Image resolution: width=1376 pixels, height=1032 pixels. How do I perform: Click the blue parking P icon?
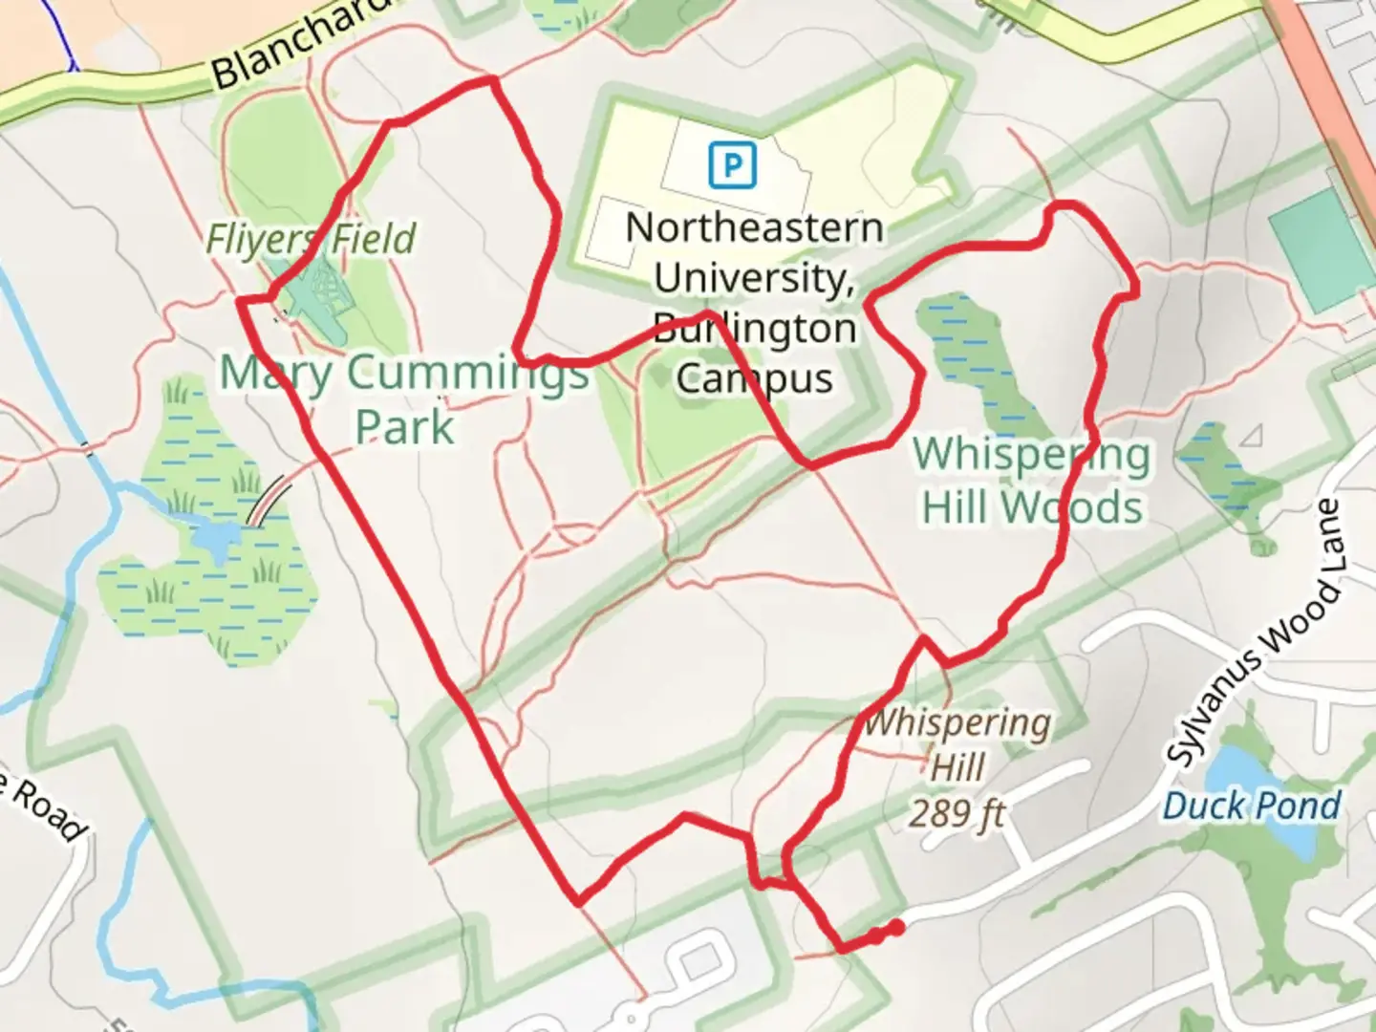(x=732, y=164)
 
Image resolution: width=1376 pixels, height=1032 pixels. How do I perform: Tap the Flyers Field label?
(x=312, y=239)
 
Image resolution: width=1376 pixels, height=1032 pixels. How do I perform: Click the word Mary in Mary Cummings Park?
(x=276, y=372)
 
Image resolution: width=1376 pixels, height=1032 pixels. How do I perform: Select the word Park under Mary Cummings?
(x=404, y=426)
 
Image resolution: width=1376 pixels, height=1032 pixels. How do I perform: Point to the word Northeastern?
(x=754, y=228)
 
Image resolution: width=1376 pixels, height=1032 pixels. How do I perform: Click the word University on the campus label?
(x=754, y=278)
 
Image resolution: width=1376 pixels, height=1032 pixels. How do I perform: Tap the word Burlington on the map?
(x=754, y=329)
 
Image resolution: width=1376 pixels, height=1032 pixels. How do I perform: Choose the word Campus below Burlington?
(x=754, y=378)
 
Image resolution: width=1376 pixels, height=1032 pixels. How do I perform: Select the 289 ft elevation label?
(x=957, y=814)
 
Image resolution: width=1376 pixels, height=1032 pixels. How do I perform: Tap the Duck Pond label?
(x=1252, y=806)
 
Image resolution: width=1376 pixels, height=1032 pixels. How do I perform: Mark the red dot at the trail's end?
(x=896, y=927)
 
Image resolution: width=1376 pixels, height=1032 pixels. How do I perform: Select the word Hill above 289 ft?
(x=957, y=767)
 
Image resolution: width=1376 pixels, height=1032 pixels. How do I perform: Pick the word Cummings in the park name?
(x=467, y=372)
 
